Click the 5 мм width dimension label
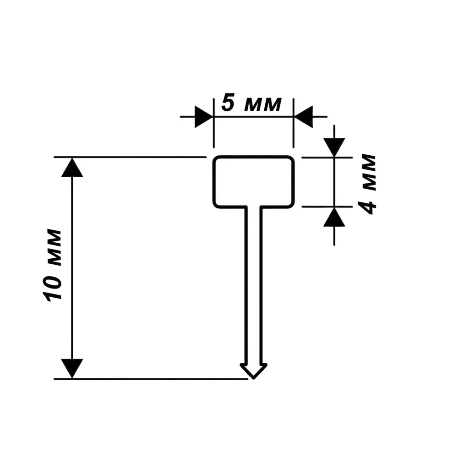[x=251, y=104]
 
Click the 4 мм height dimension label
[x=367, y=184]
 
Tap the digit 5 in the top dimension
[x=228, y=103]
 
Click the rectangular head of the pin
[x=254, y=182]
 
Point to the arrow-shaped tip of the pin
[x=254, y=371]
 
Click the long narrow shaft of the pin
[x=254, y=286]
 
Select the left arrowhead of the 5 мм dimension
[x=204, y=116]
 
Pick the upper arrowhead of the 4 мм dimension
[x=334, y=147]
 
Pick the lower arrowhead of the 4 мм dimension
[x=334, y=217]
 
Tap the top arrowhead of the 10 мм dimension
[x=72, y=167]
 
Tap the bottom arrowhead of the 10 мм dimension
[x=72, y=369]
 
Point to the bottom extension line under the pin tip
[x=151, y=379]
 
